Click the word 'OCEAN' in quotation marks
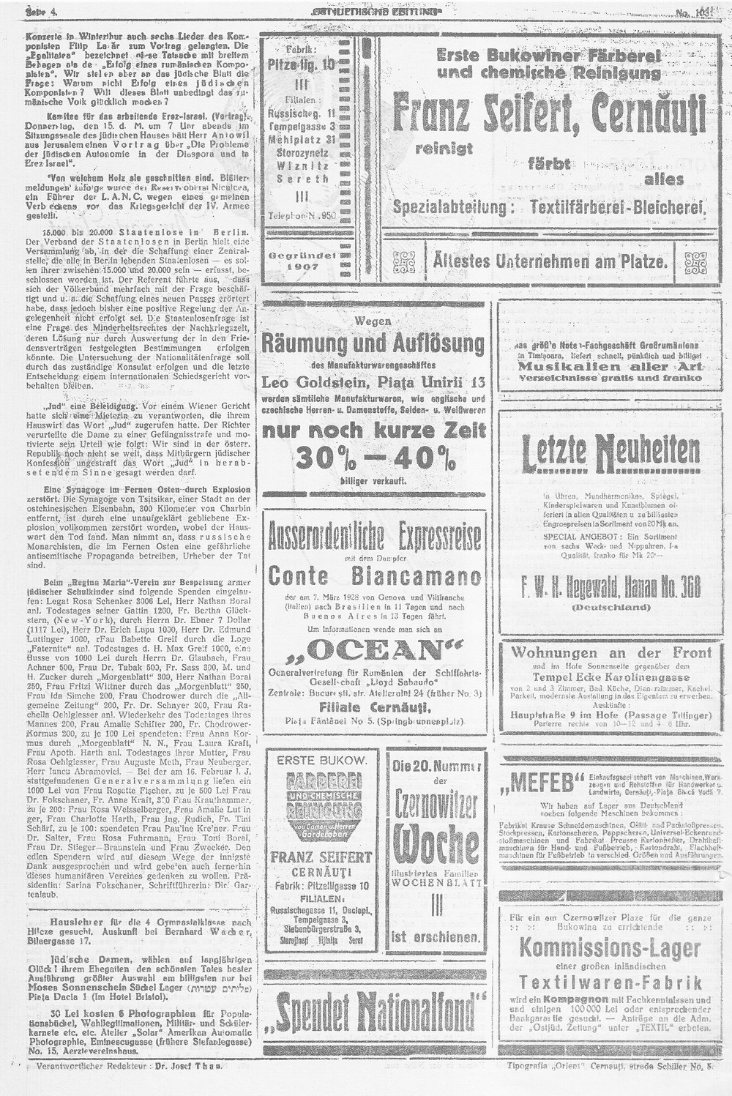click(x=375, y=651)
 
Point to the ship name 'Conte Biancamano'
click(x=374, y=575)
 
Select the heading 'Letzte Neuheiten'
click(x=611, y=455)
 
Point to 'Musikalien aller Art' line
click(x=610, y=366)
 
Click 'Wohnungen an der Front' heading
click(x=610, y=652)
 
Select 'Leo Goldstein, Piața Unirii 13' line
click(x=374, y=381)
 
